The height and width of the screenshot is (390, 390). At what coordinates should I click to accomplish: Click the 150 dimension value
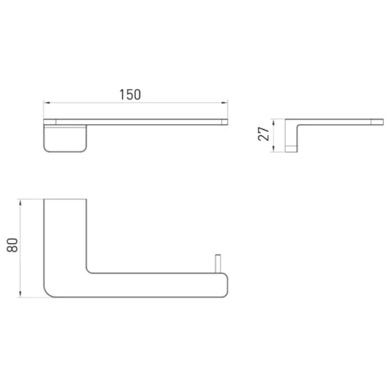130,94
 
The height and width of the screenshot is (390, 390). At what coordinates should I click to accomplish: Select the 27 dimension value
263,134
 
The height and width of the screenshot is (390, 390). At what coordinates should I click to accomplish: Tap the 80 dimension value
12,245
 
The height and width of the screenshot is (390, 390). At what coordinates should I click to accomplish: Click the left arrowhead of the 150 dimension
47,103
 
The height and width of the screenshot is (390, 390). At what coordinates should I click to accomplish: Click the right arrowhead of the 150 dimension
225,103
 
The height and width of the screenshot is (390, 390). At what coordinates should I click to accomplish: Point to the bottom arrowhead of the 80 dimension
20,294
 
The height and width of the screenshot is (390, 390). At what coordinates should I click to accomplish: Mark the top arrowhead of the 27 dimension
274,122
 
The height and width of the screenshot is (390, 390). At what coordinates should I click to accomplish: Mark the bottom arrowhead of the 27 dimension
274,149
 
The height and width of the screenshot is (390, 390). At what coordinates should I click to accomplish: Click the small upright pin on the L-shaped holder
218,264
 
